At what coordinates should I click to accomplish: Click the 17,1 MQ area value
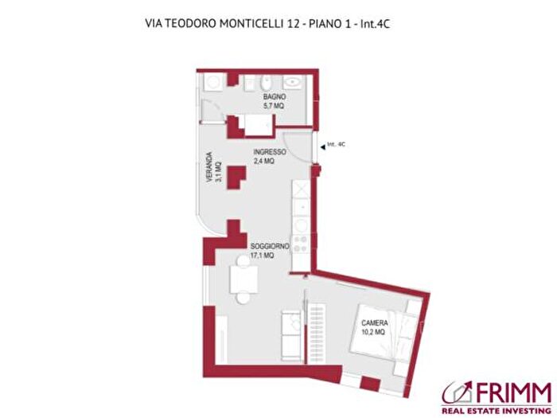coord(263,256)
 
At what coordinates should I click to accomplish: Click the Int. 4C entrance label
coord(337,145)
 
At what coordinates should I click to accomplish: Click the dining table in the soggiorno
coord(243,279)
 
